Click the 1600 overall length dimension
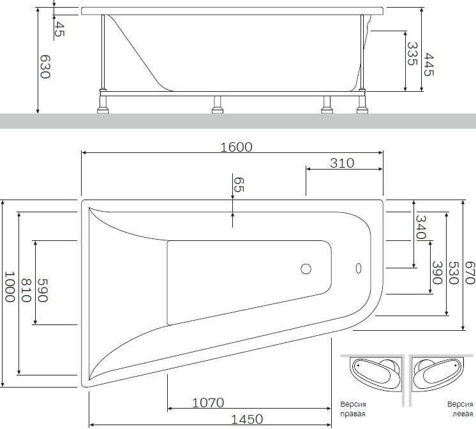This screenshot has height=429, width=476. click(x=236, y=147)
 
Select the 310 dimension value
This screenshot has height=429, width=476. click(x=342, y=163)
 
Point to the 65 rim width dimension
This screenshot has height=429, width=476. click(x=239, y=185)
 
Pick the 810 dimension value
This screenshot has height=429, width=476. click(x=27, y=291)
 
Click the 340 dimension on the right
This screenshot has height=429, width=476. click(x=420, y=227)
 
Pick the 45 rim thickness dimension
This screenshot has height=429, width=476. click(x=59, y=29)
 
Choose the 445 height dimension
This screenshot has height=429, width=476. click(x=429, y=64)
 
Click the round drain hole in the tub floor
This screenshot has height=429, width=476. click(x=306, y=269)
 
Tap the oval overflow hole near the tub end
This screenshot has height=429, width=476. click(x=357, y=268)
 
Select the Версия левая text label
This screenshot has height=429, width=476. click(x=459, y=409)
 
